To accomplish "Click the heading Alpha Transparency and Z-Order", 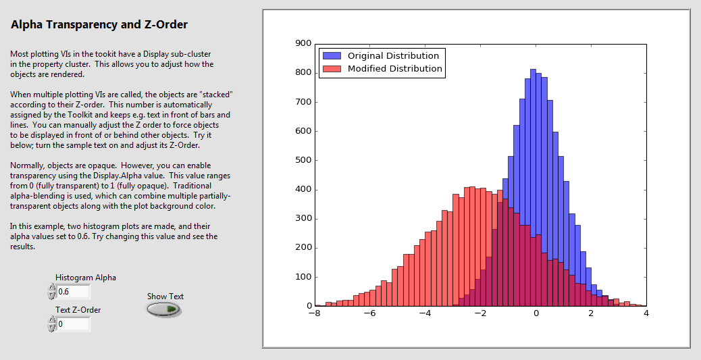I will (x=99, y=25).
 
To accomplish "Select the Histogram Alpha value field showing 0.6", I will (x=73, y=292).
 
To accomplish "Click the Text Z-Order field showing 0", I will (x=73, y=324).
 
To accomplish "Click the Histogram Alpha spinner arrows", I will (x=51, y=292).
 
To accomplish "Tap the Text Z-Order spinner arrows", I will (x=51, y=324).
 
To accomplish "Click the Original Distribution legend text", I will (x=393, y=56).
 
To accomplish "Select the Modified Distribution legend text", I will (x=394, y=69).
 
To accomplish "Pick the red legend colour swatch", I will (x=332, y=69).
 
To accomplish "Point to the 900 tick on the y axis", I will (x=303, y=43).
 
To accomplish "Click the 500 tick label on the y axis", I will (x=303, y=160).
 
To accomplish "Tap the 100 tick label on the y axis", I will (x=303, y=277).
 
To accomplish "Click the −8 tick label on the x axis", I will (x=314, y=314).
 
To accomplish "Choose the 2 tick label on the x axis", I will (x=591, y=314).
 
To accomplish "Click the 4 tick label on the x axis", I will (x=646, y=314).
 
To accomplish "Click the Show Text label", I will (x=165, y=297).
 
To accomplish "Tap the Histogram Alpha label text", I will (x=86, y=278).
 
